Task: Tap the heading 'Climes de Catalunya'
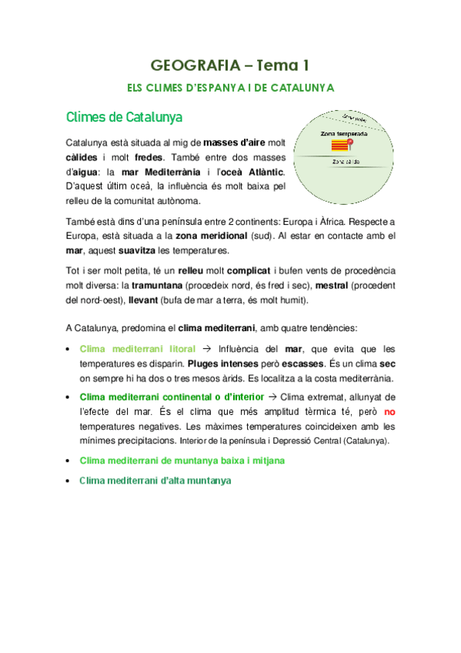click(x=125, y=118)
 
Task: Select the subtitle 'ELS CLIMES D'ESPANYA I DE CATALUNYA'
click(x=230, y=88)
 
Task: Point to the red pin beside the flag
click(x=350, y=142)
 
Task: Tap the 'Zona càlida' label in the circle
click(x=346, y=162)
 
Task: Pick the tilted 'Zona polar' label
click(x=354, y=118)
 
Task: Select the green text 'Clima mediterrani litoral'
click(x=138, y=349)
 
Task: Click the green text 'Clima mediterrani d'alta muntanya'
click(x=155, y=480)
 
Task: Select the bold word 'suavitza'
click(x=138, y=250)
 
